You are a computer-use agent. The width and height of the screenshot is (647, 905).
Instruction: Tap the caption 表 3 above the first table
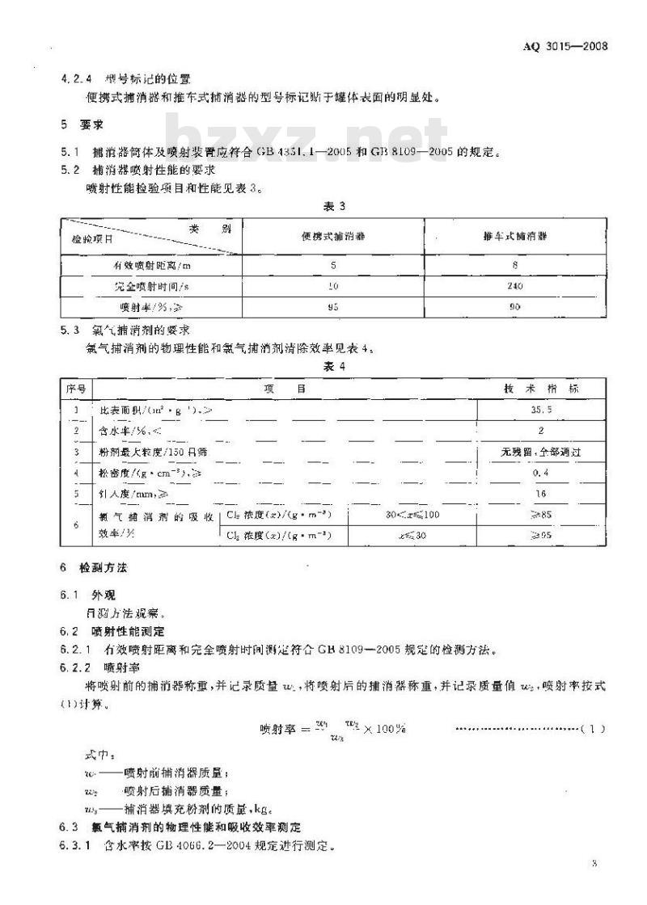(x=334, y=207)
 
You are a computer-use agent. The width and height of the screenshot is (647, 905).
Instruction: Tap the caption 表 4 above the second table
(x=334, y=365)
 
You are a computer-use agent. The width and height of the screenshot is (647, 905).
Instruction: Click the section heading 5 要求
(x=78, y=125)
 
